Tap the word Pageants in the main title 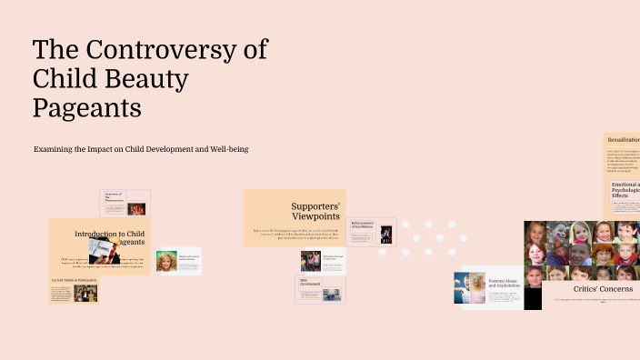click(87, 108)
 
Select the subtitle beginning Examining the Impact click(141, 148)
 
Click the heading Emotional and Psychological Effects click(625, 190)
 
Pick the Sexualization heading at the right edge click(624, 139)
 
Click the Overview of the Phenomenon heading click(114, 197)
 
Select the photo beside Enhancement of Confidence click(386, 234)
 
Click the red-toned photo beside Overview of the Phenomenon click(136, 208)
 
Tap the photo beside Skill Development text click(331, 294)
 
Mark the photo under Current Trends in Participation click(85, 293)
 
